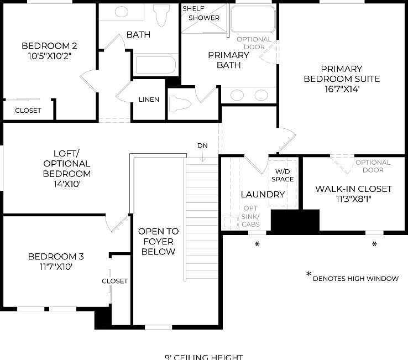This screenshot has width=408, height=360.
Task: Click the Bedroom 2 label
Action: coord(49,46)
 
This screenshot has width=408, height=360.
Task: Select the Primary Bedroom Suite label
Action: coord(342,74)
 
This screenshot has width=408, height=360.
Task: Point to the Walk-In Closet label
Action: coord(354,189)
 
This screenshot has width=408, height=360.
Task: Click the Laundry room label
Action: coord(263,194)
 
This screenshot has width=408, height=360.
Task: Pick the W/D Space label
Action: coord(283,175)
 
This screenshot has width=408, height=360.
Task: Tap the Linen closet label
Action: coord(149,100)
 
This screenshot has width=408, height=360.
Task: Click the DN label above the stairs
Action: coord(202,145)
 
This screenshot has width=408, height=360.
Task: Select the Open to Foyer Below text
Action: coord(158,242)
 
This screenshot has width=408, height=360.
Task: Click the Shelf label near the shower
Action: coord(193,8)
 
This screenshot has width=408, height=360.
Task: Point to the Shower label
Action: coord(204,18)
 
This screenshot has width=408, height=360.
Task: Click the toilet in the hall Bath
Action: coord(161,17)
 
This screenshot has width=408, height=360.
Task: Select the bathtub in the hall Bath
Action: coord(155,65)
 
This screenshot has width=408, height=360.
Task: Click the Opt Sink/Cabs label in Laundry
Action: coord(250,216)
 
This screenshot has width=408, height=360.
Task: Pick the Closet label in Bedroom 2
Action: coord(28,110)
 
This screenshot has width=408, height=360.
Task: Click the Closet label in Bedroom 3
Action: coord(114,281)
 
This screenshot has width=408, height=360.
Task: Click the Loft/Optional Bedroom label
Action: coord(67,164)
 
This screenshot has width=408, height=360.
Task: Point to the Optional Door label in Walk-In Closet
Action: coord(373,166)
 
